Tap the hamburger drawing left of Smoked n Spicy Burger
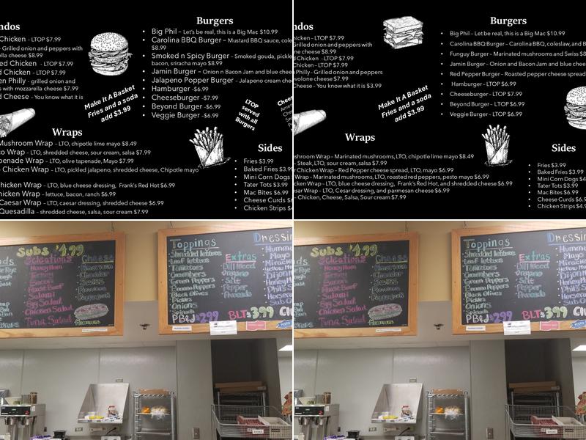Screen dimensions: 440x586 (x=110, y=53)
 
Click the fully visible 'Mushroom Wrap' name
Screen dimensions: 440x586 (x=25, y=143)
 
